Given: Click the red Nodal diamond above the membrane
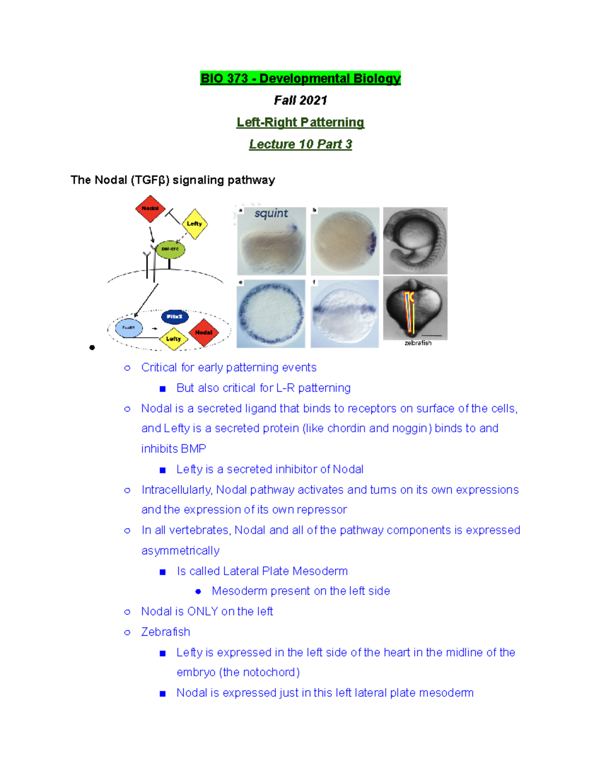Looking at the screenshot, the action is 150,208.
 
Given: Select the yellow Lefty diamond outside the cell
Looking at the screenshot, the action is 194,224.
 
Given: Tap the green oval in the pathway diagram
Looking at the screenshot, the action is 170,249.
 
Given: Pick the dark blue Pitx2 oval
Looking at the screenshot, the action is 175,317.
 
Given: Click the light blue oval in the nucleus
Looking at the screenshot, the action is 129,328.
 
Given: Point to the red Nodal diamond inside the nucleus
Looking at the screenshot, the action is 204,332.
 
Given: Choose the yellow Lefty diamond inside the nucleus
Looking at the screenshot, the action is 173,339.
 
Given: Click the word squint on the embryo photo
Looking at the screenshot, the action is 271,213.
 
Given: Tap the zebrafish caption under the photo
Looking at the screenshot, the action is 418,343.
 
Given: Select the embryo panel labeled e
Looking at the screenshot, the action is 271,314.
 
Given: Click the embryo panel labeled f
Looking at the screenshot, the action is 345,314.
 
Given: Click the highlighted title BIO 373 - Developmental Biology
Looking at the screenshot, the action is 300,79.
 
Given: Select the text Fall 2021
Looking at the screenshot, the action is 300,101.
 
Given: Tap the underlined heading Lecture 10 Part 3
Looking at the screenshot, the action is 300,144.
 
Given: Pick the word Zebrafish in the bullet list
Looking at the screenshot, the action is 166,632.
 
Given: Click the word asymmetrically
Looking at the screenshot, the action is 180,551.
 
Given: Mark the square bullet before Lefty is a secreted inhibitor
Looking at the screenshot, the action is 162,470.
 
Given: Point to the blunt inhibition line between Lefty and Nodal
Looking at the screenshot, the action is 173,215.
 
